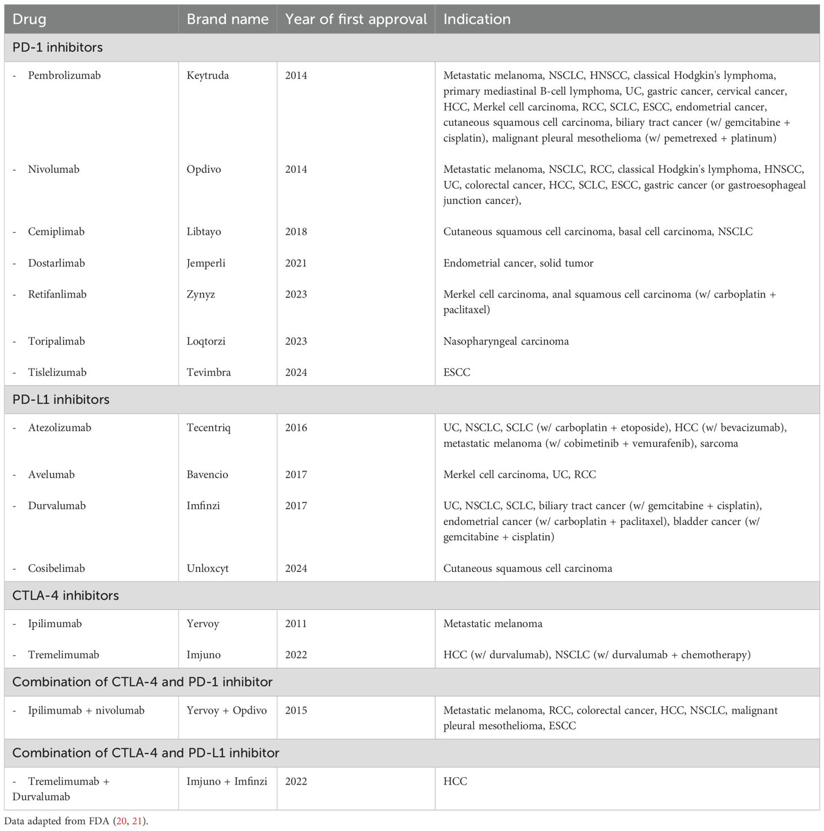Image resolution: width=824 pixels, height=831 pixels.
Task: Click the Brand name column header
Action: point(227,19)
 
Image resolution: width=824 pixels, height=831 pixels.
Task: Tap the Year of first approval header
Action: point(356,19)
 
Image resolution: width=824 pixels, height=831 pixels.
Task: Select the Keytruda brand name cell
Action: point(208,76)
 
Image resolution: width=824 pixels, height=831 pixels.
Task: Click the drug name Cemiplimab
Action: point(56,231)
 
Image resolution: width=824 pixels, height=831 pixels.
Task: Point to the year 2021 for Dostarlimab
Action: point(296,263)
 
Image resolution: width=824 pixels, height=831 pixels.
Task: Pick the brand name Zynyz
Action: point(201,294)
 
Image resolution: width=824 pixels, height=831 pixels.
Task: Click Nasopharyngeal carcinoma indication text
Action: point(506,341)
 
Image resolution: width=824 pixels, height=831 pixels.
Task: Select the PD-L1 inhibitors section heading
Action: point(61,400)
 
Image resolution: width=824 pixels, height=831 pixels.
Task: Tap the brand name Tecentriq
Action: point(208,428)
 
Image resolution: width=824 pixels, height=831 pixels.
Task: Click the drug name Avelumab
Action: point(51,475)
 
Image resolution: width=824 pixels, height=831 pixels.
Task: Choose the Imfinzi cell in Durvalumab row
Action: point(203,506)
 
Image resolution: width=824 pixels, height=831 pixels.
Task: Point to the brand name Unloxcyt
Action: point(207,568)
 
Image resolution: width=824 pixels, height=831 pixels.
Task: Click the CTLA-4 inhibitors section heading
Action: point(65,596)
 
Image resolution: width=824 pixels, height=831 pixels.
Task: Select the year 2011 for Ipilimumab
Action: point(296,624)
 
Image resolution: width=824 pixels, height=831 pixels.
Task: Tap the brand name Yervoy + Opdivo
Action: point(226,710)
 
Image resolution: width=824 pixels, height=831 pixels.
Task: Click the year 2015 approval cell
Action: point(296,710)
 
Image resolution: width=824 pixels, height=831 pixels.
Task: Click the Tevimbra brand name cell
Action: point(208,373)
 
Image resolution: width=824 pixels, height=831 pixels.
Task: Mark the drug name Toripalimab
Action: point(56,341)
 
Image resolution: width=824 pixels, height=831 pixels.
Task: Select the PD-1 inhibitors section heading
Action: point(58,47)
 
